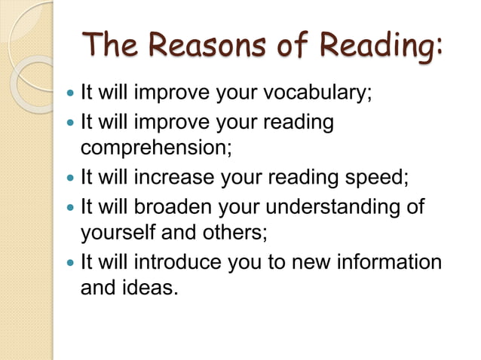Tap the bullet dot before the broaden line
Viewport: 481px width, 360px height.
pyautogui.click(x=71, y=207)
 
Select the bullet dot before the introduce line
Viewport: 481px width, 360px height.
pyautogui.click(x=71, y=263)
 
